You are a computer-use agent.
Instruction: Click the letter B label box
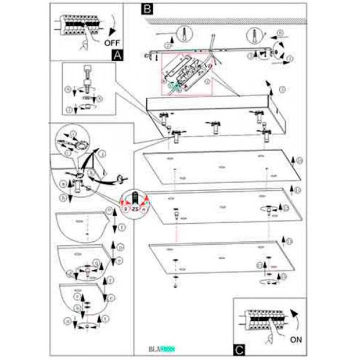coord(147,9)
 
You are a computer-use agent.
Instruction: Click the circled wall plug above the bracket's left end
coord(184,36)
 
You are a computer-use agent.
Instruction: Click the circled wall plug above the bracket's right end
coord(255,36)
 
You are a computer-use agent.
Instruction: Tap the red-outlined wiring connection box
coord(187,74)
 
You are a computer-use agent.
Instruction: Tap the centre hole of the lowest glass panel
coord(221,257)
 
